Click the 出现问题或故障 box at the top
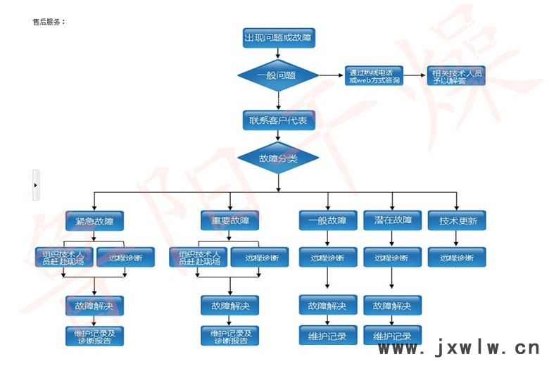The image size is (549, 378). point(278,38)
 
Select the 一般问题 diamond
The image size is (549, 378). point(278,75)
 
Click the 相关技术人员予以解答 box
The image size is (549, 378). point(458,76)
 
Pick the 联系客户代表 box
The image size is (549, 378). point(278,120)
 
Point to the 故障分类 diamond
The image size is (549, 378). point(278,158)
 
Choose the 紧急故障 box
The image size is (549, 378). point(95,221)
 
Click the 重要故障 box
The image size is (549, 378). point(229,221)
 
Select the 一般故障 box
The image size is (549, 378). point(327,221)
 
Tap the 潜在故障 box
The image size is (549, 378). point(392,221)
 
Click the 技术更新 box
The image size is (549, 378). point(457,221)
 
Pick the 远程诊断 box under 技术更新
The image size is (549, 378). point(457,258)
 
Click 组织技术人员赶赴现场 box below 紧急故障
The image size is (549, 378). point(63,258)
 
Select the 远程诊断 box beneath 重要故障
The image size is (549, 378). point(260,258)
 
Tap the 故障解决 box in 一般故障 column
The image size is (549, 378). point(327,305)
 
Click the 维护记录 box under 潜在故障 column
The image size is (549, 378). point(392,336)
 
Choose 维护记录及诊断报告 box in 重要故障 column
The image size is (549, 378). point(229,336)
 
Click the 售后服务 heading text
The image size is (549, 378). point(49,22)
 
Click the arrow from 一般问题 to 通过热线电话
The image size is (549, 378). point(331,76)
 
